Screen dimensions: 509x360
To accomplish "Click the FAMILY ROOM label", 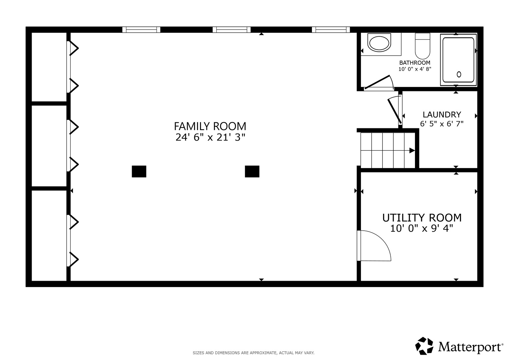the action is pyautogui.click(x=210, y=126).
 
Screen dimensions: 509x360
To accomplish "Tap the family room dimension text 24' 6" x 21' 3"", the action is pyautogui.click(x=210, y=137).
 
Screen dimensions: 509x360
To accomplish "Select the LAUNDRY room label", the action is pyautogui.click(x=442, y=114).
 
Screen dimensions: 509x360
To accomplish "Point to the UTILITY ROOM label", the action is pyautogui.click(x=422, y=218).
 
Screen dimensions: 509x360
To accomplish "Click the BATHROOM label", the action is pyautogui.click(x=415, y=63).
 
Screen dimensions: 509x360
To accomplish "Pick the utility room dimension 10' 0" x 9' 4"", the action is pyautogui.click(x=422, y=228).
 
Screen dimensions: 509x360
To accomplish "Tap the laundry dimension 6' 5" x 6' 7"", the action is pyautogui.click(x=442, y=124).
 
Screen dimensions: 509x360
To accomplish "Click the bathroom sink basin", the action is pyautogui.click(x=379, y=43).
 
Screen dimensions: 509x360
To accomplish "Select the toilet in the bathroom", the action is pyautogui.click(x=422, y=46).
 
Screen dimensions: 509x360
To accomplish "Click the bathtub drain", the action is pyautogui.click(x=459, y=74).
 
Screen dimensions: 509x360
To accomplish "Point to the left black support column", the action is pyautogui.click(x=139, y=171).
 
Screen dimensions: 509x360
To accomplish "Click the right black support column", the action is pyautogui.click(x=252, y=171).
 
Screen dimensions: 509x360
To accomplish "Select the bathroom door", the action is pyautogui.click(x=377, y=82).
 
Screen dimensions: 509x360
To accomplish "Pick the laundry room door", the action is pyautogui.click(x=395, y=111).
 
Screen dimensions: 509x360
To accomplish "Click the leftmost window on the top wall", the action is pyautogui.click(x=141, y=30).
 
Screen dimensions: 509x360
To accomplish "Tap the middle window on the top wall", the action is pyautogui.click(x=232, y=30).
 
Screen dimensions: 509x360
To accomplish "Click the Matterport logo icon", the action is pyautogui.click(x=424, y=346).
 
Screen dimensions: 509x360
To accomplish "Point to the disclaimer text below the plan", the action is pyautogui.click(x=254, y=353).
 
